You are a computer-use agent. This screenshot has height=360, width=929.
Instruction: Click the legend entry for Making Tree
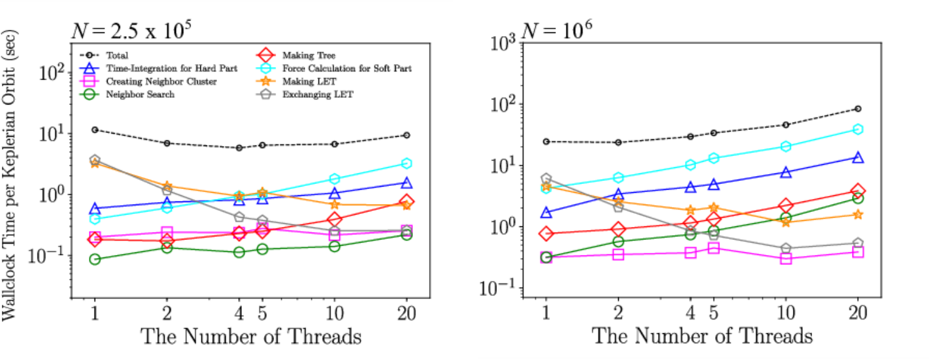296,55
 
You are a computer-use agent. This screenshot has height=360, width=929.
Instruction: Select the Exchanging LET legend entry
305,95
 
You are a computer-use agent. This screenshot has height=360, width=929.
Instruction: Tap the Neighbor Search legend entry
127,95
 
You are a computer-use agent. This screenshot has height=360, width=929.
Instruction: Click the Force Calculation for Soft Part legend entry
334,68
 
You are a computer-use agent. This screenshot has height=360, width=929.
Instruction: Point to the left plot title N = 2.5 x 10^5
131,30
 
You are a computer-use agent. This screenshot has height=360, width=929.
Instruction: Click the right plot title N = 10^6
557,30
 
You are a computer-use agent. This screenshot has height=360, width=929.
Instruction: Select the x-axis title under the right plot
702,336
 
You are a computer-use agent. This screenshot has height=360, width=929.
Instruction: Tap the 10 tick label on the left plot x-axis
335,313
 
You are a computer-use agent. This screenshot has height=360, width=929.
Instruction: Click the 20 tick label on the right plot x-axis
857,313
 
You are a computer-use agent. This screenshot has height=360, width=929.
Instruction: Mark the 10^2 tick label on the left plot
52,73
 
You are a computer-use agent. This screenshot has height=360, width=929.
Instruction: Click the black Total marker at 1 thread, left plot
95,130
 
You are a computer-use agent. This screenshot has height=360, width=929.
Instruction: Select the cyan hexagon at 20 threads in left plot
407,164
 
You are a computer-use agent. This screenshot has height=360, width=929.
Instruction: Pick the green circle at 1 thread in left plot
95,259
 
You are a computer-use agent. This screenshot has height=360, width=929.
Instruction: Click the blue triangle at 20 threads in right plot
858,157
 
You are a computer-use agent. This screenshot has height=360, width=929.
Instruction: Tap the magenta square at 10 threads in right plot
785,259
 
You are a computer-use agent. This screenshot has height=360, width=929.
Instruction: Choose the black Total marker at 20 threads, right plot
858,109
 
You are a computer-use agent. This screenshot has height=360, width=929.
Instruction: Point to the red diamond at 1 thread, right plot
546,234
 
